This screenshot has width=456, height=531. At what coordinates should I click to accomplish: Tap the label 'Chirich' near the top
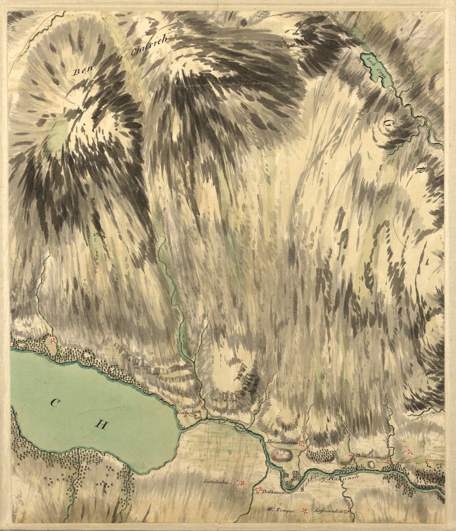(x=149, y=45)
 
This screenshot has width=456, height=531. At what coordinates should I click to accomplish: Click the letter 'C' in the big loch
(x=54, y=404)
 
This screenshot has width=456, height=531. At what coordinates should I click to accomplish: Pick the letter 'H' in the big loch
(x=100, y=424)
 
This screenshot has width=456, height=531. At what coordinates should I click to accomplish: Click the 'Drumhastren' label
(x=282, y=442)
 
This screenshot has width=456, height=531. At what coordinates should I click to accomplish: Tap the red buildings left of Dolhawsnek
(x=257, y=491)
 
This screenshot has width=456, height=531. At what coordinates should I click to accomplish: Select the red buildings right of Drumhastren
(x=301, y=443)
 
